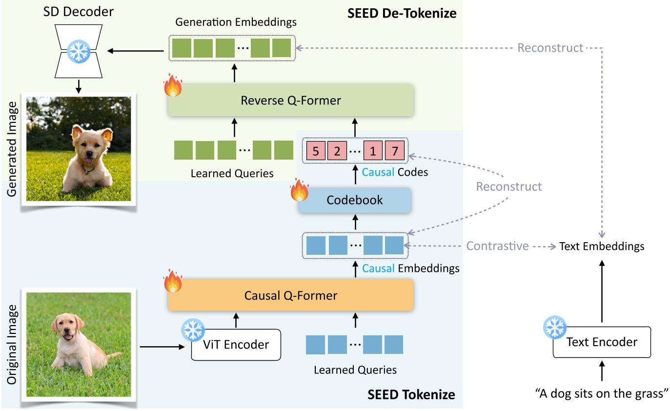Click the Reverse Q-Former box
pos(290,101)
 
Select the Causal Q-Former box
pos(290,296)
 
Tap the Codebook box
pos(355,200)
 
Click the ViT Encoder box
pos(236,345)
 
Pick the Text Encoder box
pos(602,342)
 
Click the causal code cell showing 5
pos(316,151)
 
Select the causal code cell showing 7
pos(394,151)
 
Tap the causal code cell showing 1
pos(373,151)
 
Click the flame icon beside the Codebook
pos(300,191)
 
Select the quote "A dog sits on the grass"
pos(601,394)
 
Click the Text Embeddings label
pos(602,246)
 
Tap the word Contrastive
pos(498,246)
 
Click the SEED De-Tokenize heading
pos(402,13)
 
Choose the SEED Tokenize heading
pos(411,394)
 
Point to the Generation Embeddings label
pos(237,22)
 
